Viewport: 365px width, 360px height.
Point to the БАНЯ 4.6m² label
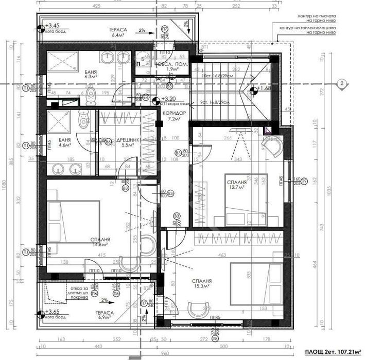pos(65,142)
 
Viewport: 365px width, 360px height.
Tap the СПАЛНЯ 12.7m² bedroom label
pos(236,185)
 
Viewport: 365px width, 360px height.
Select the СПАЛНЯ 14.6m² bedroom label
pos(100,242)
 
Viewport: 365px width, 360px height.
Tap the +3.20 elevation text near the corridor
pos(169,98)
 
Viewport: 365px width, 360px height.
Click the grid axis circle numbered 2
pos(340,84)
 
